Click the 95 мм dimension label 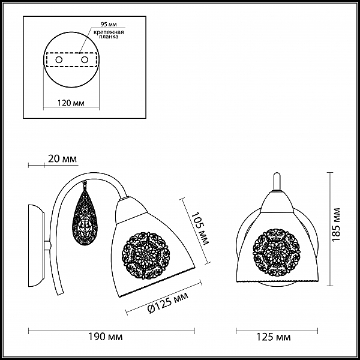point(109,25)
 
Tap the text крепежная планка point(109,34)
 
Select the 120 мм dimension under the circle point(71,103)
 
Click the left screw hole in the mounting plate point(59,60)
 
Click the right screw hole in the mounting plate point(85,60)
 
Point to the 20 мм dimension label point(62,158)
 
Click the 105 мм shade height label point(199,228)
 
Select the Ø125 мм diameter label point(168,302)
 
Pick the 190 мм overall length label point(106,337)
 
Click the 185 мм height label point(337,224)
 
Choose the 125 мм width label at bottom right point(273,337)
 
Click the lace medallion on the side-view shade point(145,255)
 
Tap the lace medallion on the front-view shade point(277,251)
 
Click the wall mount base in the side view point(36,245)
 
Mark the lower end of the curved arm point(61,293)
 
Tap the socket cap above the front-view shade point(277,202)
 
